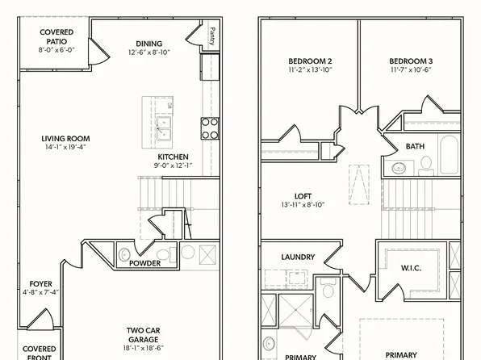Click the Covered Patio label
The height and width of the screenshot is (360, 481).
[x=56, y=36]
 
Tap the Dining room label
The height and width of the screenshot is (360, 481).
[x=148, y=44]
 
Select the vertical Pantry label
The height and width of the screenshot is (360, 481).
[x=211, y=36]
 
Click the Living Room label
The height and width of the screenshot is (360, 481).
[x=66, y=138]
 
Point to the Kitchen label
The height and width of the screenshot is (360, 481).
[x=173, y=157]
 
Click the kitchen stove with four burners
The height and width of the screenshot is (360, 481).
[x=209, y=128]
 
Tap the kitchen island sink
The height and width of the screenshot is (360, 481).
[x=165, y=125]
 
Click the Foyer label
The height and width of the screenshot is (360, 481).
[x=40, y=283]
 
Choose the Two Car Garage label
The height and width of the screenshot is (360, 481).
[x=147, y=330]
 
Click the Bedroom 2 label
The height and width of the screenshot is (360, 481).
[x=311, y=61]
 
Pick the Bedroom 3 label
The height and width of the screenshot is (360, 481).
[x=411, y=61]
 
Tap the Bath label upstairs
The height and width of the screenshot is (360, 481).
[x=415, y=146]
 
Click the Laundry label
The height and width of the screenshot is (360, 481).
[x=297, y=257]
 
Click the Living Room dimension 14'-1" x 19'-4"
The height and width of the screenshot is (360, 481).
[x=66, y=147]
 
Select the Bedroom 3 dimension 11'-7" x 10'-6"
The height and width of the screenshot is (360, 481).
[x=411, y=70]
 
